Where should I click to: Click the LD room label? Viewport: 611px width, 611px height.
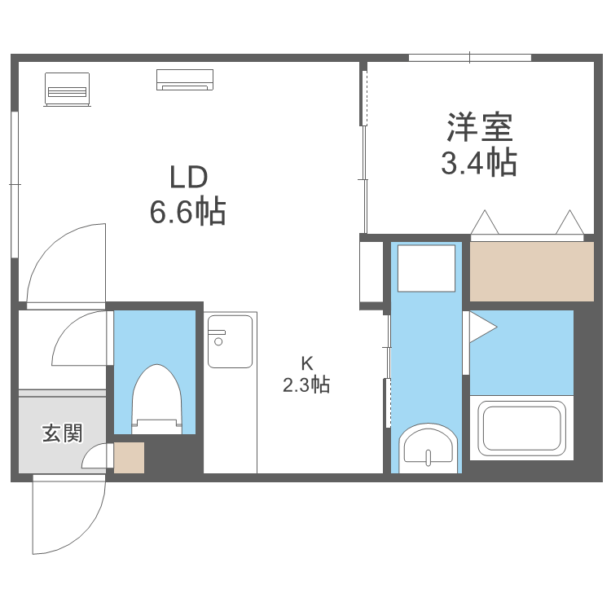pyautogui.click(x=189, y=177)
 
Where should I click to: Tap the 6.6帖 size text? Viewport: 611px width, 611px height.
pyautogui.click(x=187, y=213)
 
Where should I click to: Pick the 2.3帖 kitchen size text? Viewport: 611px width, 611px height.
pyautogui.click(x=306, y=385)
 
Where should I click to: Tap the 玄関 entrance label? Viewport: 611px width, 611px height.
pyautogui.click(x=62, y=433)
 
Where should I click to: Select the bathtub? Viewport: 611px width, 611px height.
pyautogui.click(x=521, y=428)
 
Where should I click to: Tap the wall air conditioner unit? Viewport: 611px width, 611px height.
pyautogui.click(x=185, y=79)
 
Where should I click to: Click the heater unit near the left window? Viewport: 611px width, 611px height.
pyautogui.click(x=67, y=89)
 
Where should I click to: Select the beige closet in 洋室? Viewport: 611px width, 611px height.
pyautogui.click(x=532, y=272)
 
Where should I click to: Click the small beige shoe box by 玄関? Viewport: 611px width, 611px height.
pyautogui.click(x=129, y=457)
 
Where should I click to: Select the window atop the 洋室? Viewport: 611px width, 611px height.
pyautogui.click(x=470, y=57)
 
